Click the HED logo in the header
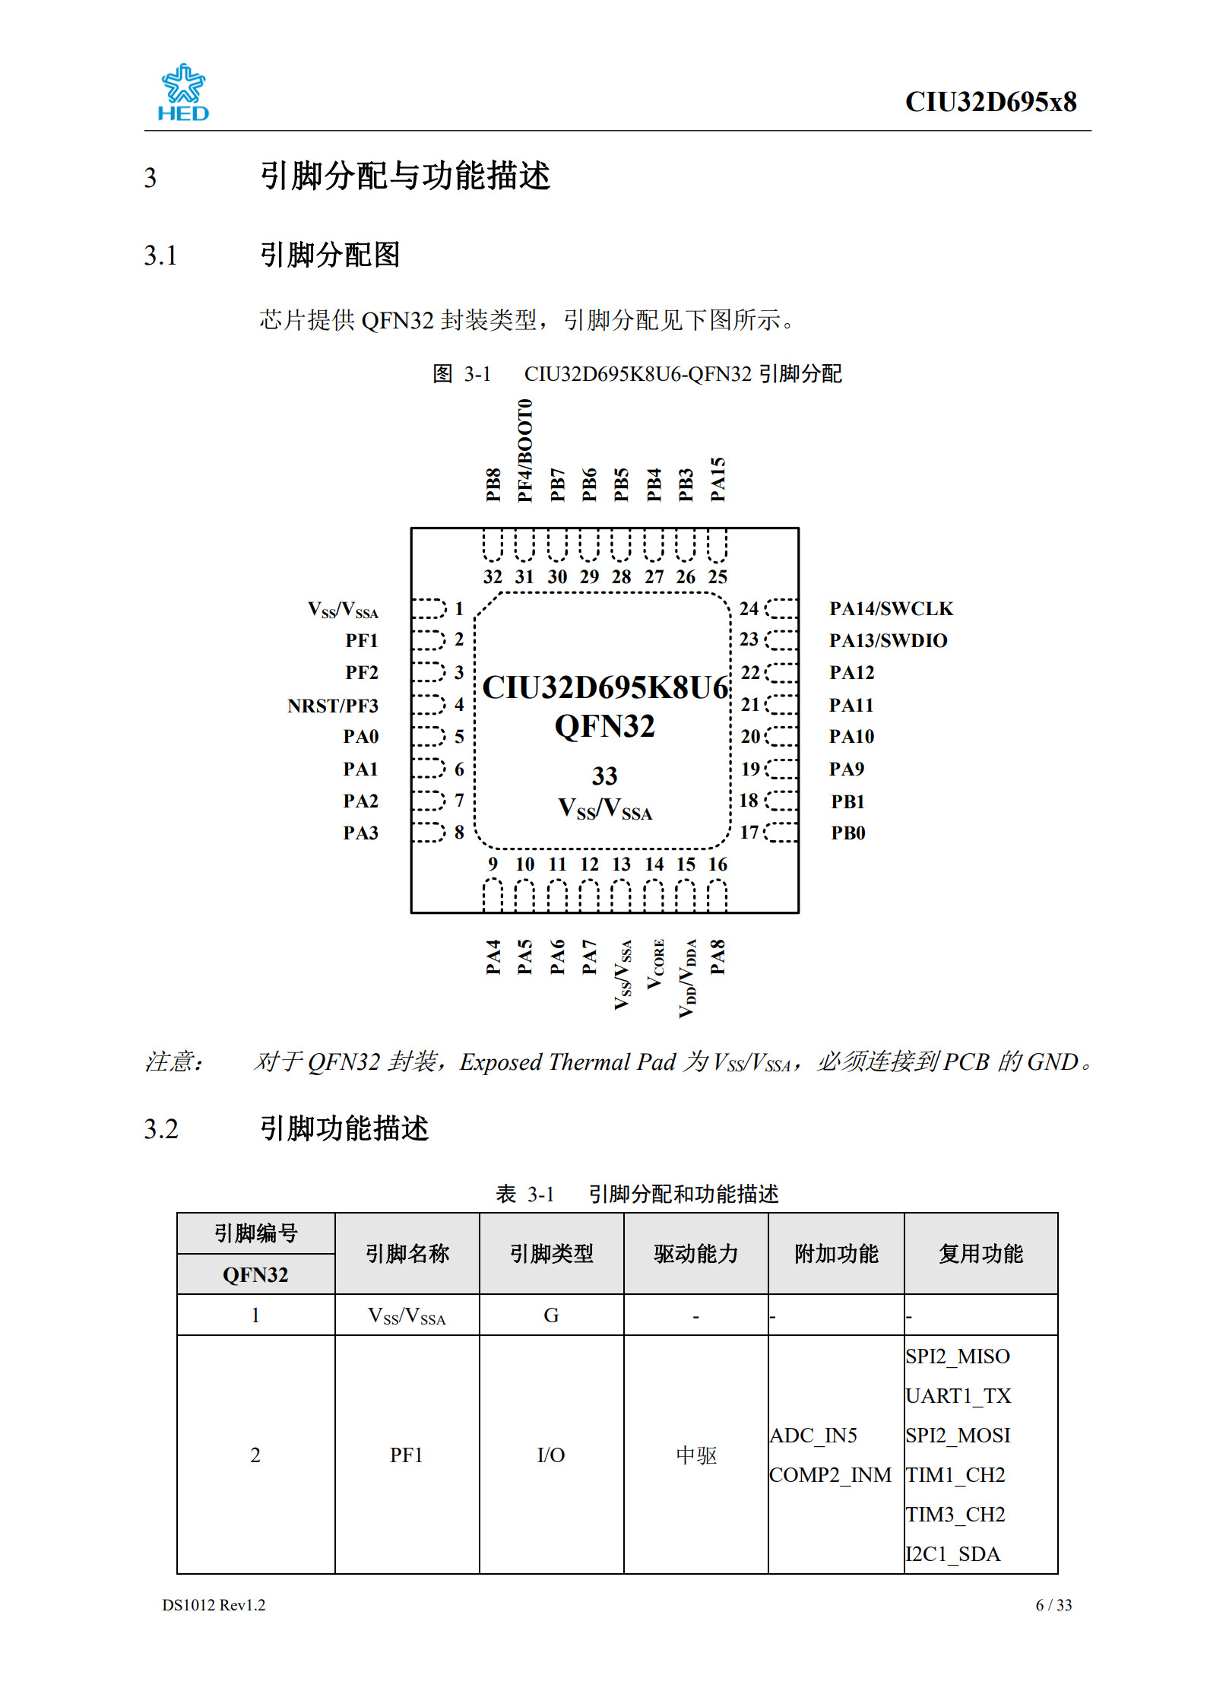pyautogui.click(x=183, y=93)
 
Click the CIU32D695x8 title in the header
pyautogui.click(x=990, y=102)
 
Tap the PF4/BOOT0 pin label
pyautogui.click(x=524, y=450)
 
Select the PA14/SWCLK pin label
pyautogui.click(x=891, y=609)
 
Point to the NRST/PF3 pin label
pyautogui.click(x=333, y=706)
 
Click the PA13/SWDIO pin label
pyautogui.click(x=888, y=641)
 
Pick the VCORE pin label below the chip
pyautogui.click(x=655, y=964)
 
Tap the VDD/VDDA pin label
pyautogui.click(x=687, y=978)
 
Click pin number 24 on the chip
pyautogui.click(x=749, y=608)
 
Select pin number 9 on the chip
pyautogui.click(x=493, y=864)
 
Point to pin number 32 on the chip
pyautogui.click(x=493, y=577)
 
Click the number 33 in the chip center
pyautogui.click(x=604, y=776)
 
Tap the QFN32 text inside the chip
pyautogui.click(x=604, y=726)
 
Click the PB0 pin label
pyautogui.click(x=848, y=833)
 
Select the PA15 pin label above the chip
pyautogui.click(x=718, y=479)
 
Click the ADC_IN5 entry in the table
pyautogui.click(x=813, y=1435)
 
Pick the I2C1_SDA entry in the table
pyautogui.click(x=952, y=1553)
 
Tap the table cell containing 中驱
pyautogui.click(x=695, y=1455)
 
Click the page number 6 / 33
pyautogui.click(x=1053, y=1604)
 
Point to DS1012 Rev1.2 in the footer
pyautogui.click(x=214, y=1604)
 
